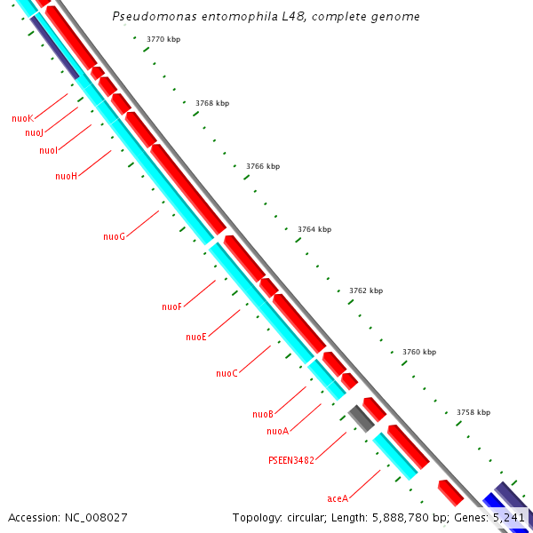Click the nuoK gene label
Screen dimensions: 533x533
click(x=22, y=118)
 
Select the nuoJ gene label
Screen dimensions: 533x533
click(x=34, y=133)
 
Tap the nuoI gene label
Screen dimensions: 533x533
click(x=48, y=151)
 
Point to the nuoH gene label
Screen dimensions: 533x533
click(x=66, y=176)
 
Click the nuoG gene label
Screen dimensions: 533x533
click(x=114, y=236)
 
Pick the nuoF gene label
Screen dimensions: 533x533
click(x=171, y=306)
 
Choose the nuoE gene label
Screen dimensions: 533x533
click(x=195, y=338)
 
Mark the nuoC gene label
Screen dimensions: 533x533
click(x=227, y=373)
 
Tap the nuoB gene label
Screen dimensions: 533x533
click(x=262, y=414)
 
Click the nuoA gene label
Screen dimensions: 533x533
click(x=277, y=432)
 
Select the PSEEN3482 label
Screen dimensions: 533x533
click(x=291, y=461)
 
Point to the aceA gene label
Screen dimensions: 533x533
click(x=338, y=498)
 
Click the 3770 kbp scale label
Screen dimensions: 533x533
click(x=163, y=39)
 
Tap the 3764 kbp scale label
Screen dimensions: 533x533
click(x=314, y=229)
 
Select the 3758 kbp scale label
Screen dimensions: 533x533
click(x=473, y=412)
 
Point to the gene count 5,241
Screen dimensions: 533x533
click(x=509, y=517)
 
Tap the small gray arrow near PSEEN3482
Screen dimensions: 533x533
click(x=361, y=418)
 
